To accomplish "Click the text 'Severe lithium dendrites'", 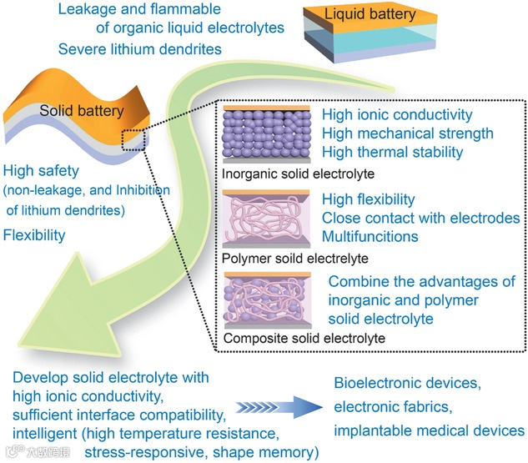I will point(139,49).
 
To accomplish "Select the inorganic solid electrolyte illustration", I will point(266,135).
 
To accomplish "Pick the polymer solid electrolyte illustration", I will point(266,219).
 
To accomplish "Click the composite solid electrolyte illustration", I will point(266,301).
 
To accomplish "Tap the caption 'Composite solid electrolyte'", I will point(304,338).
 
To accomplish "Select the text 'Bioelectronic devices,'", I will point(407,384).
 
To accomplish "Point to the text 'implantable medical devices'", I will point(429,430).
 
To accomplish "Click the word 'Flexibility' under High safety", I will point(34,235).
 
